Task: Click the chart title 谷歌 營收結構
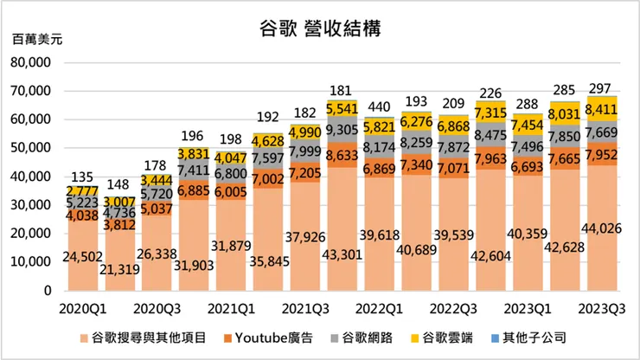tap(320, 27)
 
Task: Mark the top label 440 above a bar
tap(380, 108)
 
